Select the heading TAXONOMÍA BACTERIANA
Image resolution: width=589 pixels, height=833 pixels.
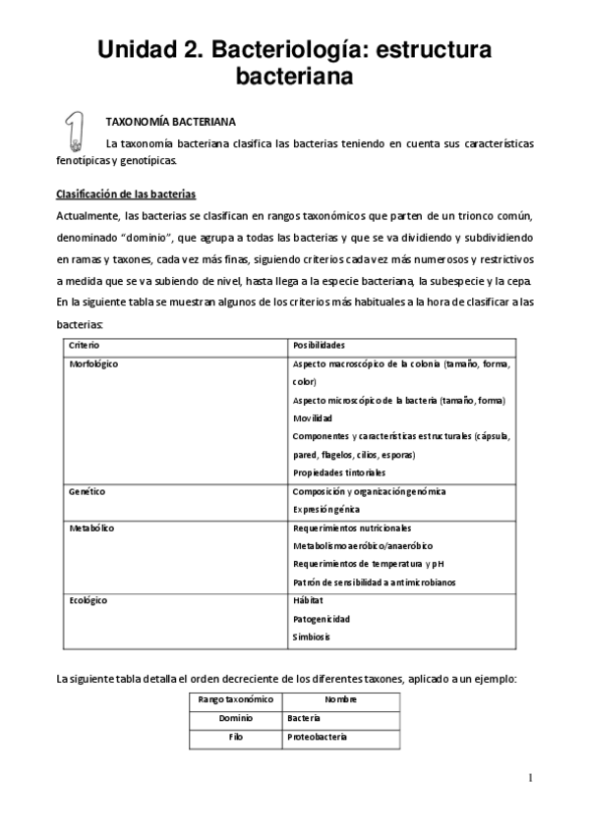pos(169,123)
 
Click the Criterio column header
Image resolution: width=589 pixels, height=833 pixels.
pos(84,346)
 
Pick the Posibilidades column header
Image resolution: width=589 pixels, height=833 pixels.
pos(321,346)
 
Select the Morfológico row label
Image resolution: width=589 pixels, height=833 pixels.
pos(94,363)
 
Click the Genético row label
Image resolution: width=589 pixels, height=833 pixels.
pos(87,490)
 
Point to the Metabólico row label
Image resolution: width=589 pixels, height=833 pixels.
pos(91,528)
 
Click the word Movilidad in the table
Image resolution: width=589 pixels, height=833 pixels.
pos(315,417)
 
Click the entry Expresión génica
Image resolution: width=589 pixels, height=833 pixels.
pos(325,509)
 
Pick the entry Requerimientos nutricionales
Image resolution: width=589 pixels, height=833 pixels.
pos(351,528)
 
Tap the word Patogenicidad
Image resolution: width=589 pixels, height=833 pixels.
pos(322,618)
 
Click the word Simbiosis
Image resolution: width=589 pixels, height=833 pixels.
pos(311,637)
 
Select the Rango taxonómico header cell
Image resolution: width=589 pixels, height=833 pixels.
pos(229,699)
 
